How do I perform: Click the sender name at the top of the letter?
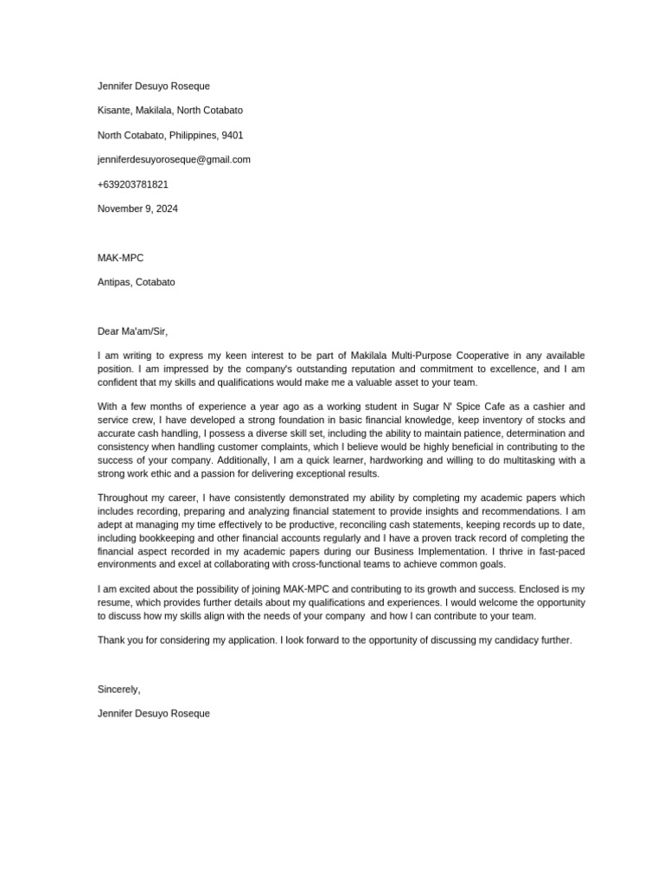tap(153, 86)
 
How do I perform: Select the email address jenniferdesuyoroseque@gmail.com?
tap(174, 159)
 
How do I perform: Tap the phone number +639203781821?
tap(132, 184)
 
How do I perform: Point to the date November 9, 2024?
tap(137, 209)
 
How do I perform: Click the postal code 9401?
tap(233, 135)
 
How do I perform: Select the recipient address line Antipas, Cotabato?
tap(136, 282)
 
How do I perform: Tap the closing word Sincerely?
tap(118, 689)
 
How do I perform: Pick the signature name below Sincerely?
tap(153, 714)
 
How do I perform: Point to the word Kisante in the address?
tap(115, 110)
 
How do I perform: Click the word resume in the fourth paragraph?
tap(116, 602)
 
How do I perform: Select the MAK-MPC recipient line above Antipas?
tap(120, 258)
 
